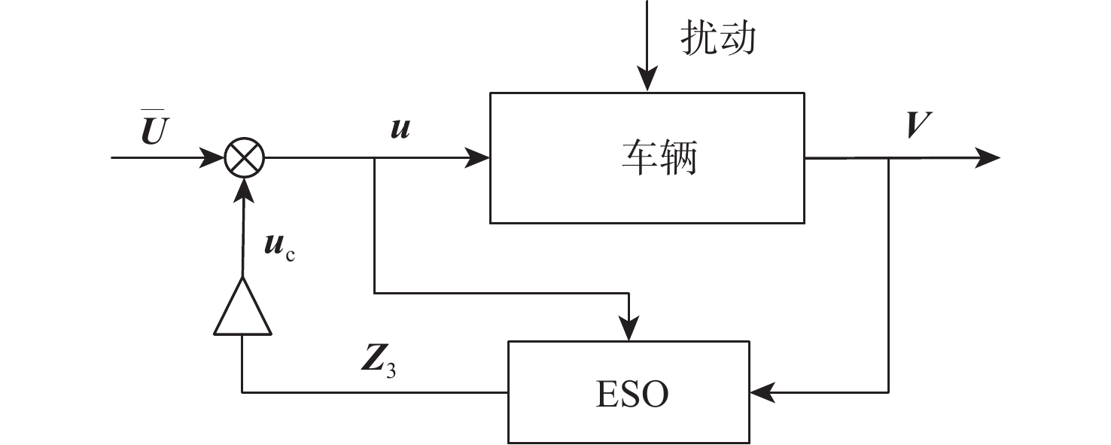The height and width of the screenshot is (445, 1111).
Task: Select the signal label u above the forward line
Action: click(x=400, y=128)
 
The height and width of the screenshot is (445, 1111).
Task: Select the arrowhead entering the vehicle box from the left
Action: click(x=478, y=158)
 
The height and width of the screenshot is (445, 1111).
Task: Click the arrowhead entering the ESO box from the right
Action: click(x=762, y=392)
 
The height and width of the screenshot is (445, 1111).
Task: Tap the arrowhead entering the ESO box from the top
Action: click(x=629, y=330)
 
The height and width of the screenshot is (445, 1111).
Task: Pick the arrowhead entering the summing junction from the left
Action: click(x=213, y=158)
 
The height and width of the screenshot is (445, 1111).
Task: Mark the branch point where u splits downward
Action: click(x=374, y=158)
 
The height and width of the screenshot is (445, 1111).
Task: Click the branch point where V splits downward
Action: click(x=889, y=158)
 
